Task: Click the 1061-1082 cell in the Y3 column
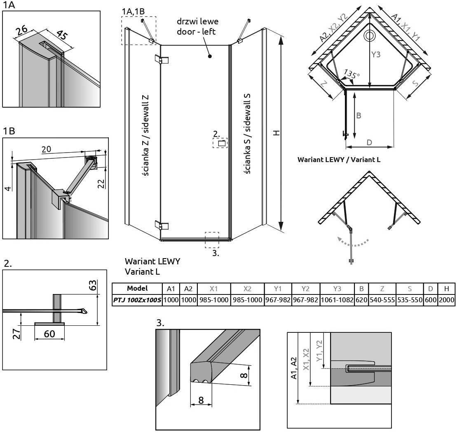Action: coord(337,300)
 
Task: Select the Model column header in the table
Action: coord(137,288)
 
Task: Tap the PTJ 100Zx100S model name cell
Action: coord(137,300)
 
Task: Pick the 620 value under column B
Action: coord(361,300)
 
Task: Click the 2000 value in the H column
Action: coord(446,300)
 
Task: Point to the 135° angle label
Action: coord(352,74)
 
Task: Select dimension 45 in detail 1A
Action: coord(62,35)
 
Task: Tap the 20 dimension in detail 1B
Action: coord(46,149)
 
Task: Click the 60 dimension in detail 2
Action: coord(49,334)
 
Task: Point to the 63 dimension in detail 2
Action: coord(92,285)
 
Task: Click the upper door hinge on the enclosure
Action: coord(162,59)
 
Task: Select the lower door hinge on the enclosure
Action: coord(162,226)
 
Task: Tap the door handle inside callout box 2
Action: coord(222,143)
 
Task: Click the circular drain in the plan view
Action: coord(369,36)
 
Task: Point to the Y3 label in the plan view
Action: coord(376,54)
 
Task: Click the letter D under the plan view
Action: coord(369,142)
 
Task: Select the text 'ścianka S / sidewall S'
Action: coord(247,134)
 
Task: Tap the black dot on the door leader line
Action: coord(210,56)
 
